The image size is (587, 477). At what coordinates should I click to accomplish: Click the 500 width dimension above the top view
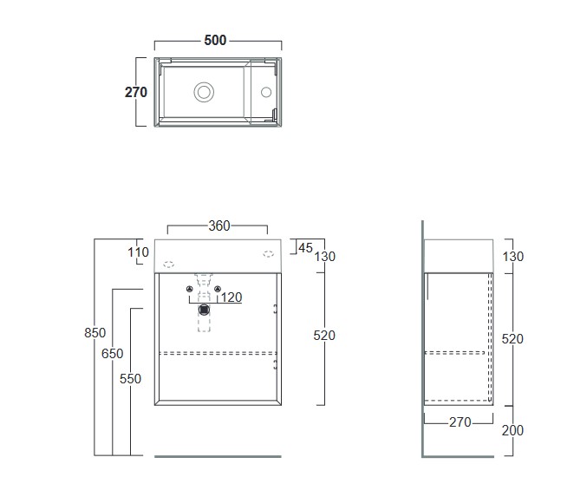coord(216,40)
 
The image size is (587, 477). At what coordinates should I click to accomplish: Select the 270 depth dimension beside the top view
coord(136,92)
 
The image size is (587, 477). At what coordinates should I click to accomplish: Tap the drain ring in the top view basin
coord(205,91)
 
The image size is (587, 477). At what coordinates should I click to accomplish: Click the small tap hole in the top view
coord(266,91)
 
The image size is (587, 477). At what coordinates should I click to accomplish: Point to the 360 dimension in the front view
coord(218,226)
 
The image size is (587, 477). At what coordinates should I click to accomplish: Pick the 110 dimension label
coord(139,252)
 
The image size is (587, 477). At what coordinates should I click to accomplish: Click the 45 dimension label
coord(304,247)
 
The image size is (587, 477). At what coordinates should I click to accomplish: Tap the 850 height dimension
coord(95,333)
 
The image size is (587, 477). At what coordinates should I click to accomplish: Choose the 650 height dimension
coord(113,354)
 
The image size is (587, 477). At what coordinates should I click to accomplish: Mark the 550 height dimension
coord(130,378)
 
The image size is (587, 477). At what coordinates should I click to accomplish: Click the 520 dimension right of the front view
coord(323,335)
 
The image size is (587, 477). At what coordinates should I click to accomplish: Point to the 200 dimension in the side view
coord(512,430)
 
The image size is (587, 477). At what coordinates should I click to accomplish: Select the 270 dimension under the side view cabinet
coord(460,422)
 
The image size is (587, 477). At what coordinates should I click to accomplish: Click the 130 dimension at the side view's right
coord(512,257)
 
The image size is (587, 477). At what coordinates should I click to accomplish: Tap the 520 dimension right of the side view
coord(512,339)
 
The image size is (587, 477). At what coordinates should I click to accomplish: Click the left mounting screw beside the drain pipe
coord(190,289)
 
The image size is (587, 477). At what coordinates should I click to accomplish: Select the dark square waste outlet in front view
coord(205,309)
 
